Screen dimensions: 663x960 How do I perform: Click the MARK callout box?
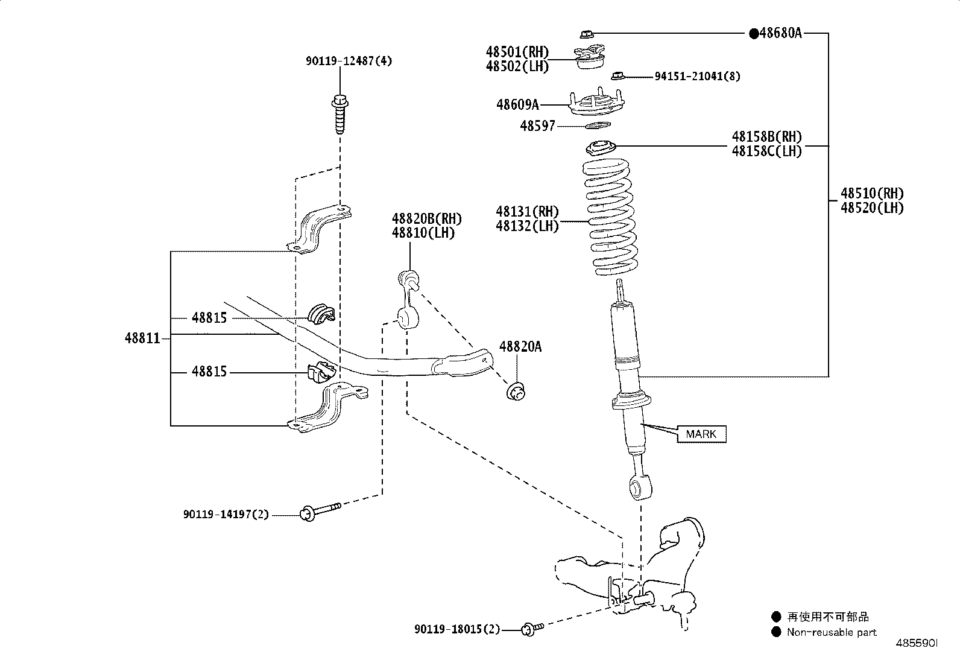click(701, 434)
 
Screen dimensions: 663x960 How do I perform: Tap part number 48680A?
click(780, 33)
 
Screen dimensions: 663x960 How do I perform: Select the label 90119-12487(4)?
click(349, 61)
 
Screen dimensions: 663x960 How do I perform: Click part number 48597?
click(537, 126)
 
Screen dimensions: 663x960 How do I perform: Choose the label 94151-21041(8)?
click(698, 76)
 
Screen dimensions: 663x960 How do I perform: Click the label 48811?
click(143, 338)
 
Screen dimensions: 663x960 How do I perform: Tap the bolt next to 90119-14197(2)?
click(320, 510)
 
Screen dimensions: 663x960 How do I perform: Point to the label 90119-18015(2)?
click(457, 629)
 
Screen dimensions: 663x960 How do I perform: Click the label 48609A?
click(517, 105)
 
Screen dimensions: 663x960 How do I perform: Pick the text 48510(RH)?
click(872, 194)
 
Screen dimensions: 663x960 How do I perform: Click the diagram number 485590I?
click(916, 643)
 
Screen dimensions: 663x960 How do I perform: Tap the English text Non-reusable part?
click(832, 632)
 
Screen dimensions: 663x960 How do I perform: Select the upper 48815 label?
click(209, 317)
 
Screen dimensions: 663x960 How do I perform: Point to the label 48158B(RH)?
click(766, 137)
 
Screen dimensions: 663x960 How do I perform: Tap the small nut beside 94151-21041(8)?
click(616, 75)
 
